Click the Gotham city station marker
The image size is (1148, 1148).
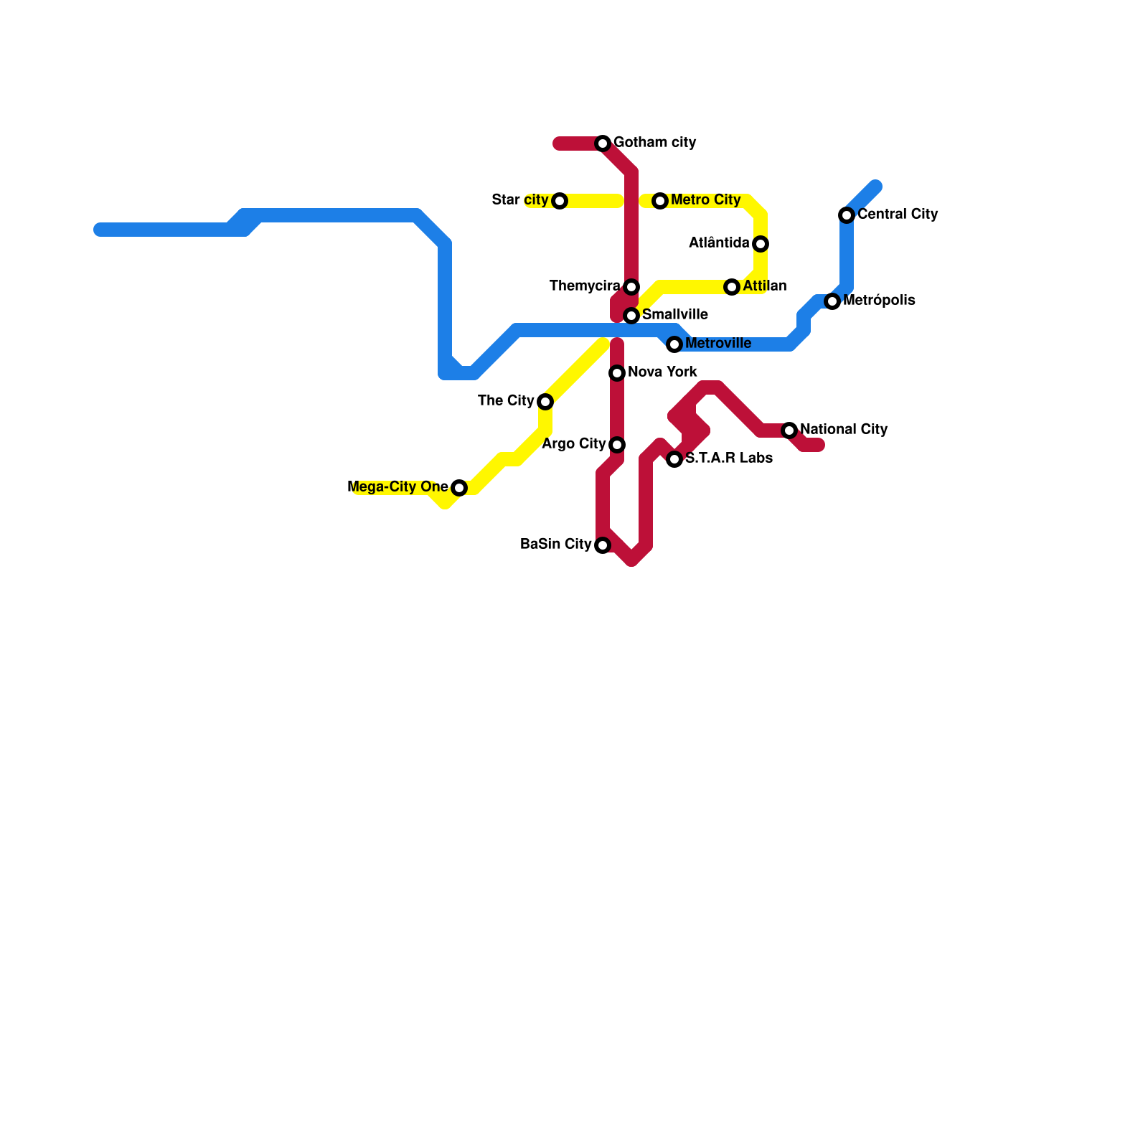coord(603,143)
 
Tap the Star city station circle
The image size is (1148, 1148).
coord(560,201)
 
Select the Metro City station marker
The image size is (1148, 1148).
coord(660,201)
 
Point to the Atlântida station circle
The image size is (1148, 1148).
coord(761,244)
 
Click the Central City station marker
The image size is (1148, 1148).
coord(847,215)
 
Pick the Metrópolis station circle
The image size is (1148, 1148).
coord(832,301)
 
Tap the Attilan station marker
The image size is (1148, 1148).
coord(732,287)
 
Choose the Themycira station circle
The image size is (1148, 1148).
coord(631,287)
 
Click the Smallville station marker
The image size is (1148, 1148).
coord(631,316)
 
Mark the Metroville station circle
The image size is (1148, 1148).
coord(674,344)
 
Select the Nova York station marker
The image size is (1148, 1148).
coord(617,373)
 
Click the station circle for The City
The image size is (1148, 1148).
coord(545,402)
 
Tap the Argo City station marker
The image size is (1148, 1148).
coord(617,445)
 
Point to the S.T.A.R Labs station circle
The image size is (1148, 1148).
coord(674,459)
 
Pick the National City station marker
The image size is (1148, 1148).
coord(789,430)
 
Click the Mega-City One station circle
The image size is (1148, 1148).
coord(459,488)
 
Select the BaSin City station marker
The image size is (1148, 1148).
coord(603,545)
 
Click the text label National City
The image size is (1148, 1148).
coord(844,429)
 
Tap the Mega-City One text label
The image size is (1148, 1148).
coord(397,487)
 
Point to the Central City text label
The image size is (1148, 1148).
coord(898,214)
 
